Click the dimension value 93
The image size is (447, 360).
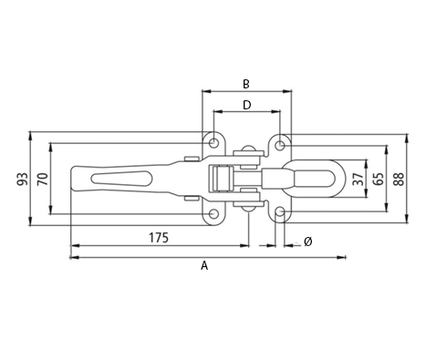tap(22, 179)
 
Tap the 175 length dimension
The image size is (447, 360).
tap(158, 238)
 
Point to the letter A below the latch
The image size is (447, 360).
tap(204, 266)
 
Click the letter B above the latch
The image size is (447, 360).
tap(245, 84)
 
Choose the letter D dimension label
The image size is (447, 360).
tap(245, 105)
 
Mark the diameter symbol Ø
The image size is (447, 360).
tap(307, 241)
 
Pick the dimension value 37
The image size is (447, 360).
tap(357, 179)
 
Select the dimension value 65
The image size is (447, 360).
tap(377, 179)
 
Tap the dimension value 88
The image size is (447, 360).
tap(399, 179)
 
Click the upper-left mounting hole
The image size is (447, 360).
tap(213, 143)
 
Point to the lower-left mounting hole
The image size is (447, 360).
tap(213, 214)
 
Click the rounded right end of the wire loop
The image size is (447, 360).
tap(342, 179)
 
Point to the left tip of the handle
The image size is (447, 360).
tap(71, 179)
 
